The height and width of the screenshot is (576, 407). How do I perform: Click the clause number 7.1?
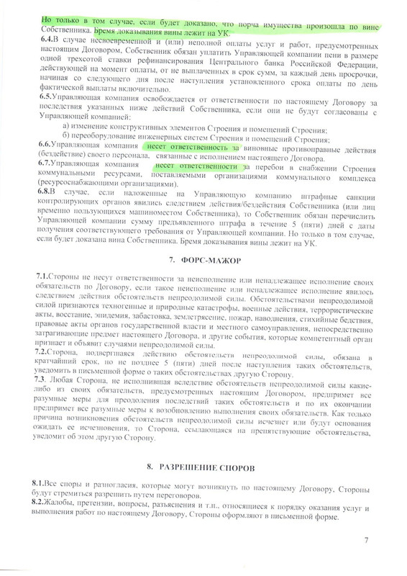(44, 277)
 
